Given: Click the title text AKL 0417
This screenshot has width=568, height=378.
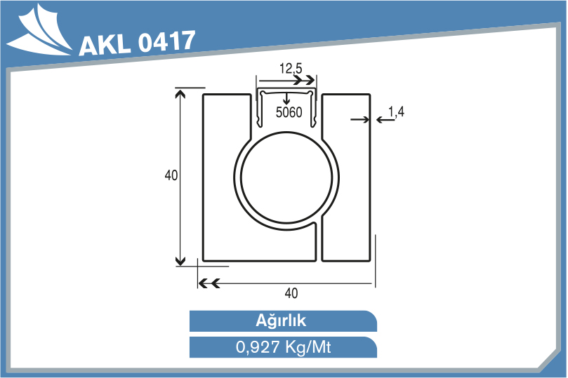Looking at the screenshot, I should pyautogui.click(x=137, y=43).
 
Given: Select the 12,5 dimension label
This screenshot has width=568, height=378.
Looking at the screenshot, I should pyautogui.click(x=290, y=69).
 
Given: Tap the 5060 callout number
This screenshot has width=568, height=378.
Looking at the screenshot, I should pyautogui.click(x=289, y=113).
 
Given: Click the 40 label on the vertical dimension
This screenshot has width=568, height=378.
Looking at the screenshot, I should pyautogui.click(x=171, y=176).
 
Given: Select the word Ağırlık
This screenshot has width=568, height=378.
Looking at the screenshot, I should pyautogui.click(x=282, y=321).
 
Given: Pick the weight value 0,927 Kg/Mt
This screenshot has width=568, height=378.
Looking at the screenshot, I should pyautogui.click(x=282, y=347).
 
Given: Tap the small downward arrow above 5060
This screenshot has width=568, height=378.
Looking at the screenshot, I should pyautogui.click(x=286, y=100).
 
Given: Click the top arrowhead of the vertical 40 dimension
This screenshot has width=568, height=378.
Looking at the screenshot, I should pyautogui.click(x=180, y=93).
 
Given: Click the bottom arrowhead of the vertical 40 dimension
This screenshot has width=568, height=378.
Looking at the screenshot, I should pyautogui.click(x=180, y=261).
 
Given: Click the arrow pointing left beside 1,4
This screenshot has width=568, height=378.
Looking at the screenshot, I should pyautogui.click(x=382, y=120).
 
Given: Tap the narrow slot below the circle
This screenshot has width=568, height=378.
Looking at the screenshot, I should pyautogui.click(x=317, y=241).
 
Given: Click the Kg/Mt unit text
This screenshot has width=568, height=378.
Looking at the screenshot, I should pyautogui.click(x=308, y=347).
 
